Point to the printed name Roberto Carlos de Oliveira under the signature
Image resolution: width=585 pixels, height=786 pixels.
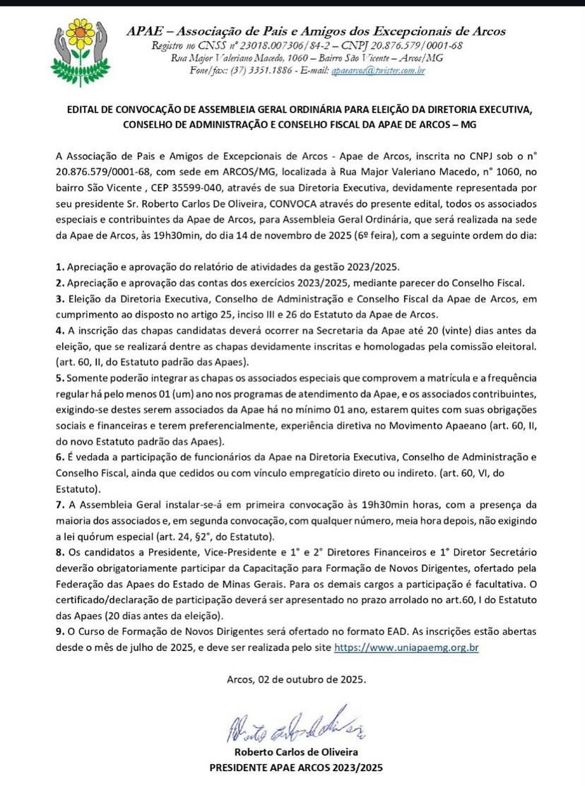pos(292,752)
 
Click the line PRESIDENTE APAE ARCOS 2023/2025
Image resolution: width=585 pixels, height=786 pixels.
pos(292,767)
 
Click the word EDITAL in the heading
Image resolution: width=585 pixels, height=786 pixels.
pos(83,111)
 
